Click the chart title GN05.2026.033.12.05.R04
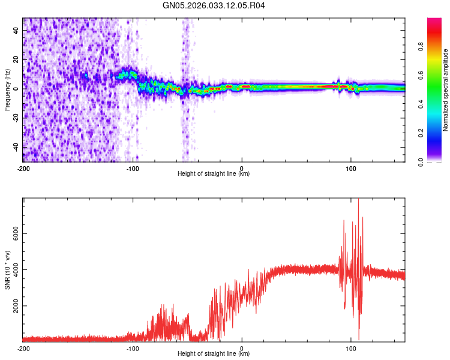(x=214, y=6)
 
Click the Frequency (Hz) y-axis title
(x=7, y=89)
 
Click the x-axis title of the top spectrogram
(x=214, y=174)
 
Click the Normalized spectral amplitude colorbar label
(x=446, y=90)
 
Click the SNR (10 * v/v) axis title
(x=7, y=269)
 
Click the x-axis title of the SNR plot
(x=214, y=354)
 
